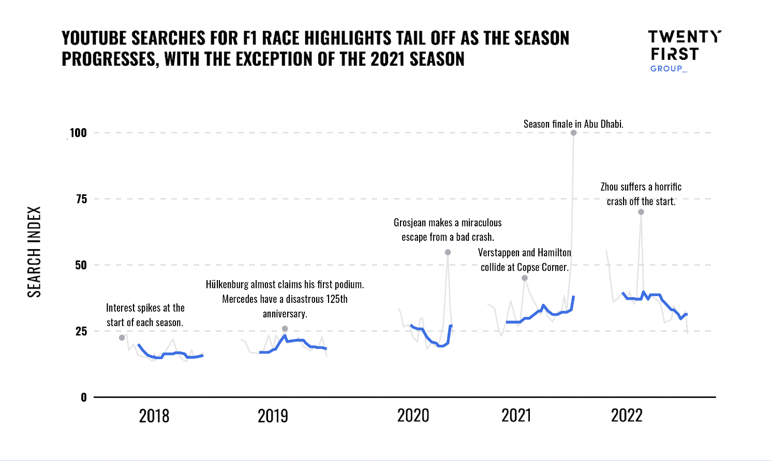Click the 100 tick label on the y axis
coord(78,133)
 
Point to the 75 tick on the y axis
coord(82,199)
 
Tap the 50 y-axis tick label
coord(81,265)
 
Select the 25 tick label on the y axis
coord(81,331)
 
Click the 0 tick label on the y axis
coord(84,397)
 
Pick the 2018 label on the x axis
coord(154,416)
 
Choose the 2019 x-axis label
coord(273,416)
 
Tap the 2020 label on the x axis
coord(413,416)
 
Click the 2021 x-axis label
coord(516,416)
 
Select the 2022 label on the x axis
coord(627,416)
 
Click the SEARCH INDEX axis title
coord(34,252)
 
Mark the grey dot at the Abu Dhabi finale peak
coord(573,133)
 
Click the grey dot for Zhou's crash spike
coord(641,212)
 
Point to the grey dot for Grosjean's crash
coord(448,252)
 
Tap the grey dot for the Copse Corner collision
coord(525,278)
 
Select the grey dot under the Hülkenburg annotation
coord(285,329)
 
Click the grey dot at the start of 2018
coord(122,338)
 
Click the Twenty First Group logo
coord(685,51)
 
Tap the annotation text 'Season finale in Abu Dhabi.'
coord(573,124)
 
